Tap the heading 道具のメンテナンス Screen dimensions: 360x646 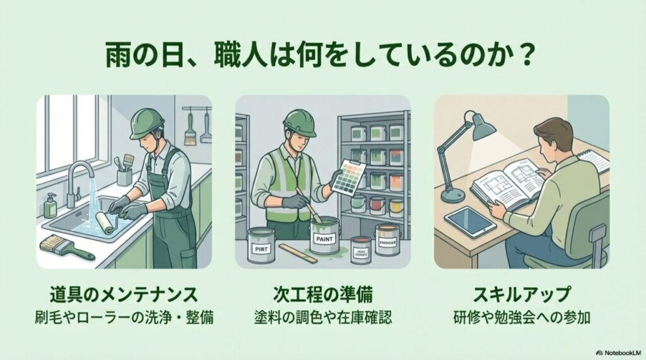[x=124, y=294]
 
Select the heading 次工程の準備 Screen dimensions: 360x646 [x=322, y=294]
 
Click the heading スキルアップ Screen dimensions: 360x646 [x=521, y=294]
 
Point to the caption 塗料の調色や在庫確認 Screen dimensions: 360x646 [x=322, y=316]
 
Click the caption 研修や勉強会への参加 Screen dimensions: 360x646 [x=521, y=316]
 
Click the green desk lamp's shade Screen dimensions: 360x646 [x=482, y=128]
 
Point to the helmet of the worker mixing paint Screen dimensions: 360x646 [x=299, y=121]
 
